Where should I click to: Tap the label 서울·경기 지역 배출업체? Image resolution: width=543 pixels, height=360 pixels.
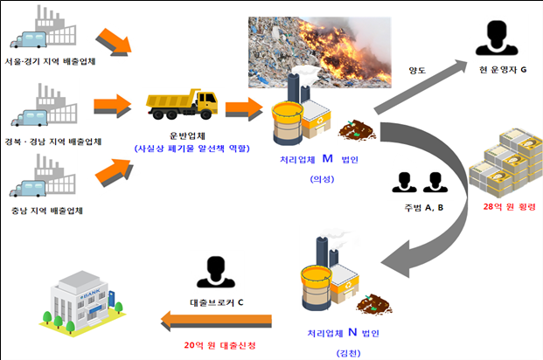point(50,63)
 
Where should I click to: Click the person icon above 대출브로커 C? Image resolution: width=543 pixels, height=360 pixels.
point(215,272)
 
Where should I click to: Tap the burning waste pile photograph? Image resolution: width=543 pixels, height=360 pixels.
point(318,51)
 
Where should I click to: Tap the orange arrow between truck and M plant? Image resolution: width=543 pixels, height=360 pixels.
point(244,108)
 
